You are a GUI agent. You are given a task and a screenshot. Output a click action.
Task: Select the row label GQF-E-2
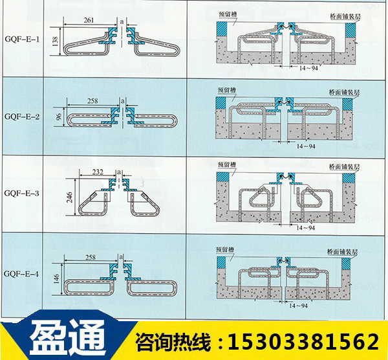[x=21, y=117]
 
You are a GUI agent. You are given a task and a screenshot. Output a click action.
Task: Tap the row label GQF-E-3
[x=21, y=193]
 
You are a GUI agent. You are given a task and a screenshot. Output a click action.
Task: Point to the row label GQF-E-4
[x=21, y=274]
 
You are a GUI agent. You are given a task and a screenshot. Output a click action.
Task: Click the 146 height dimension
[x=57, y=278]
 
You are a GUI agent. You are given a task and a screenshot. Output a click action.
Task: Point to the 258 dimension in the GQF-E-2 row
[x=92, y=102]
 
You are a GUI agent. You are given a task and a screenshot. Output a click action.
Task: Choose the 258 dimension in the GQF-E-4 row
[x=90, y=257]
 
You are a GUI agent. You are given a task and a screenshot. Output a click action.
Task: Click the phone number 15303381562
[x=300, y=341]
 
